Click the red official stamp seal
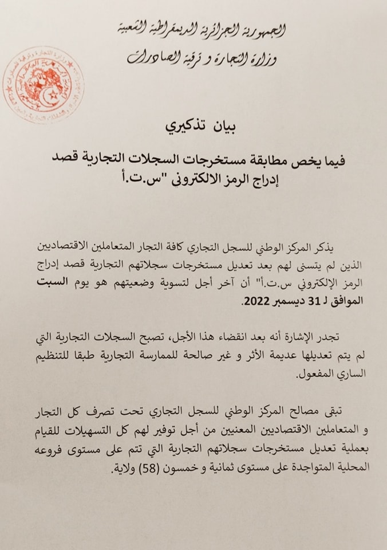click(x=42, y=84)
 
